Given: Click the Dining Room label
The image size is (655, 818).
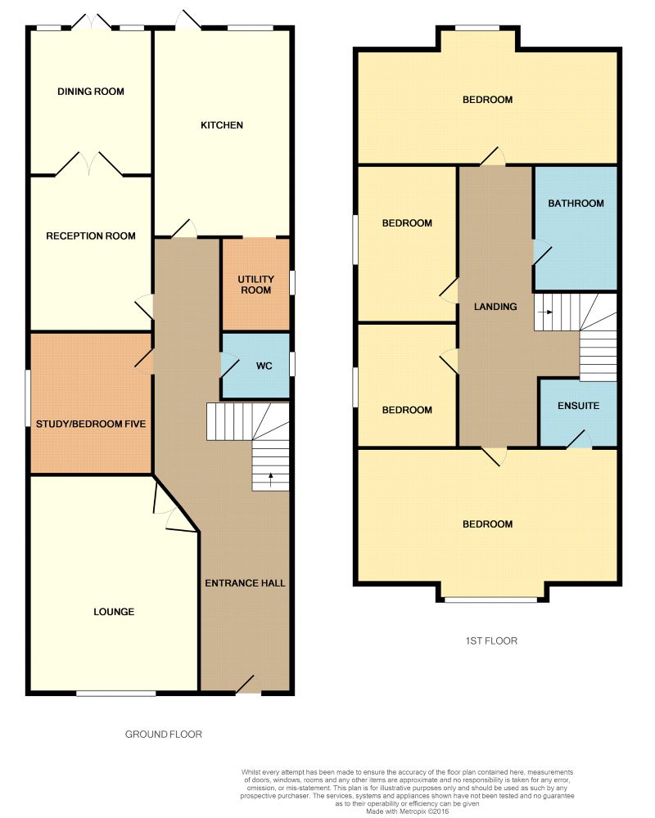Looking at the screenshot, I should (x=91, y=92).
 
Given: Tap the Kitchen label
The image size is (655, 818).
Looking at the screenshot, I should (x=222, y=125).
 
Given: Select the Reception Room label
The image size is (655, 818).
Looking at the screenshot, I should (x=91, y=236).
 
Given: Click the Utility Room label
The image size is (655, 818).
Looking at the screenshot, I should (x=255, y=285).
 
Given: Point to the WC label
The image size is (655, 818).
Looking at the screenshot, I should (x=264, y=366).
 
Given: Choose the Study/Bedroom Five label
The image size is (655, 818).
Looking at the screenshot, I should (x=91, y=424).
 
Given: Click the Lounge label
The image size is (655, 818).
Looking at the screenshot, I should (x=114, y=612).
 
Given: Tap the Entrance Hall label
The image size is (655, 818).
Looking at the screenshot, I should (x=245, y=583).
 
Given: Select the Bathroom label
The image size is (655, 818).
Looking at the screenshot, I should (x=576, y=204).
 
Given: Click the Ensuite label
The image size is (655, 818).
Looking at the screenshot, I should (x=579, y=406).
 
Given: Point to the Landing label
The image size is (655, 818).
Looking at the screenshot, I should (x=496, y=307).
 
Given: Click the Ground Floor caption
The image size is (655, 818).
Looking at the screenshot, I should (x=163, y=734).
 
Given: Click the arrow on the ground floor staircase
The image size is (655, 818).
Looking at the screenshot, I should (x=271, y=477).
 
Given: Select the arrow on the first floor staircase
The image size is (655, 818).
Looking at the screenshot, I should (x=547, y=312).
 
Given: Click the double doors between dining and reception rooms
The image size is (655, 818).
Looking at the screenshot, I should (x=90, y=165).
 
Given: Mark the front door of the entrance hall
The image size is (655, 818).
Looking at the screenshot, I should (x=245, y=685).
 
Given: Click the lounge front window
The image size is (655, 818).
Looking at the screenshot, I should (x=115, y=694).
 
